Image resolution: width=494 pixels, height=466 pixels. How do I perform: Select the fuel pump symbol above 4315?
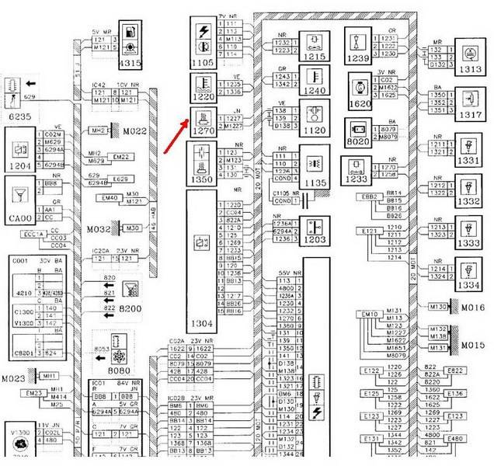(129, 33)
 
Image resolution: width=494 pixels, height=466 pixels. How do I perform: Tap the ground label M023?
(13, 378)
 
